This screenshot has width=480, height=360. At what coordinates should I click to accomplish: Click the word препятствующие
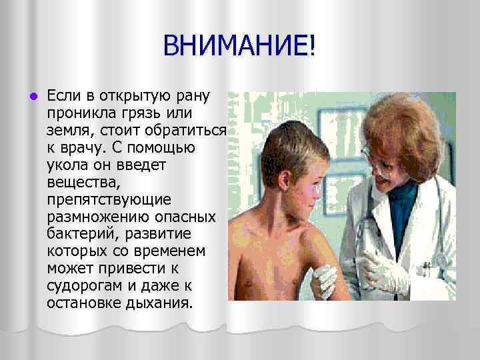[109, 199]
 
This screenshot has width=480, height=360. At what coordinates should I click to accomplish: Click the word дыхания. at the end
[160, 303]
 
